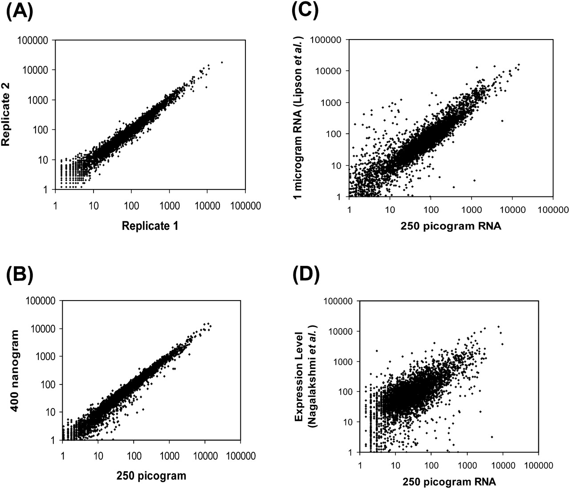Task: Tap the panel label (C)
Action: (x=306, y=11)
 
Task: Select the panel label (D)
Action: (x=306, y=277)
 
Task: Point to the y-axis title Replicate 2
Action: (x=6, y=115)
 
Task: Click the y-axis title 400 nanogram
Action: (x=14, y=370)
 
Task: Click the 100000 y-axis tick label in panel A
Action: (x=35, y=40)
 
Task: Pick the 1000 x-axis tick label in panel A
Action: (x=169, y=206)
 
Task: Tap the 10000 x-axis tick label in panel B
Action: (x=205, y=456)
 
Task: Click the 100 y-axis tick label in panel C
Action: (x=334, y=134)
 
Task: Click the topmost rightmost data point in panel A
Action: (x=222, y=62)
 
